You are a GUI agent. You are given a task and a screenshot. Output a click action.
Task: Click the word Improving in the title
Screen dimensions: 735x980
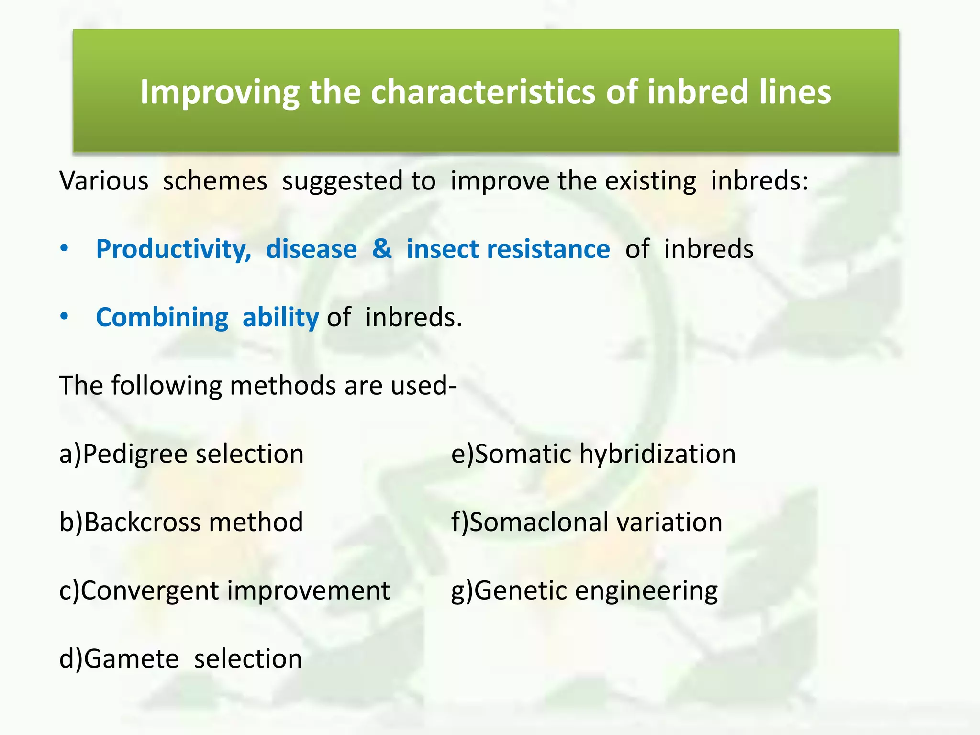(x=220, y=92)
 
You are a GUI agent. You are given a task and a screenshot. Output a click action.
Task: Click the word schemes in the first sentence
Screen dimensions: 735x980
(x=215, y=181)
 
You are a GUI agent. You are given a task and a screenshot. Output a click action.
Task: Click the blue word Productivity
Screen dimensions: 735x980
(x=173, y=249)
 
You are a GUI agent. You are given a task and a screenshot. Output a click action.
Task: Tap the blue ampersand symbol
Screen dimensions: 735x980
(x=381, y=249)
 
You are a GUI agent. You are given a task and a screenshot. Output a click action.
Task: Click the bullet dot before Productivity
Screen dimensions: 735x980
(x=65, y=248)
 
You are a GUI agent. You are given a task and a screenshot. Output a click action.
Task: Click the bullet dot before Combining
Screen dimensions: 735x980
(x=65, y=316)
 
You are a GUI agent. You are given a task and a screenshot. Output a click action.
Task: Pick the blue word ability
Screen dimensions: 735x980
(x=280, y=317)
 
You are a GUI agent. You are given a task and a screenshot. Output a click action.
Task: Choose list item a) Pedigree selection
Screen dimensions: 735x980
(x=181, y=454)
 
